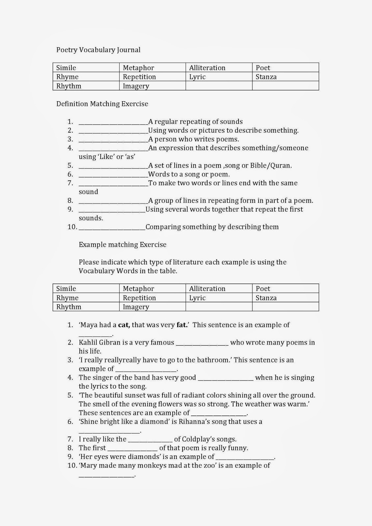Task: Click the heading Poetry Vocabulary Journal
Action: point(98,50)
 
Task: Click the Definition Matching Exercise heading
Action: point(102,104)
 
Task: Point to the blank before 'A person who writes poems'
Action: point(113,140)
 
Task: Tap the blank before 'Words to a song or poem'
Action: point(113,175)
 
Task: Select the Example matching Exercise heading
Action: point(123,245)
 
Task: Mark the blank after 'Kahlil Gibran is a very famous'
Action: point(202,344)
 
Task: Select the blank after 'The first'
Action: point(132,449)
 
